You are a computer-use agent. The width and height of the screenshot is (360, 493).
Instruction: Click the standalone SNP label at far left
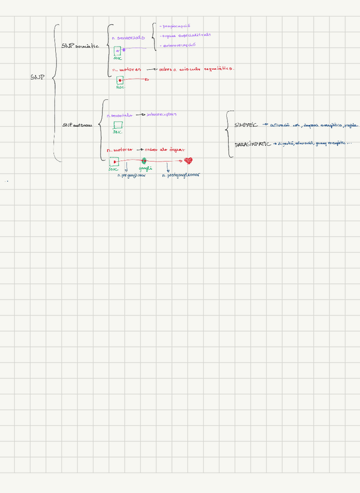coord(38,77)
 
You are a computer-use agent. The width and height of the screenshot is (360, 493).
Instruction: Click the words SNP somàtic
coord(80,46)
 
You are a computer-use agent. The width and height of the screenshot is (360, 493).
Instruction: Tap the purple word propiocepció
coord(179,26)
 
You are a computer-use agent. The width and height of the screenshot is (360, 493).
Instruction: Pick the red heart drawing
coord(188,161)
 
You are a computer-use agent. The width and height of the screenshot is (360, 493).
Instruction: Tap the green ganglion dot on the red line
coord(144,161)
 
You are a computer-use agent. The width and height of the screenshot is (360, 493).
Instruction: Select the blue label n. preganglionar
coord(131,175)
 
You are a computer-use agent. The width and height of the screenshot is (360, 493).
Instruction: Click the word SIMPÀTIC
coord(245,125)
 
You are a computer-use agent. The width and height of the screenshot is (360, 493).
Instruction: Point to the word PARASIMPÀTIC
coord(252,144)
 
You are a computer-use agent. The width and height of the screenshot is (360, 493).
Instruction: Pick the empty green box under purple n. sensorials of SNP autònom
coord(118,125)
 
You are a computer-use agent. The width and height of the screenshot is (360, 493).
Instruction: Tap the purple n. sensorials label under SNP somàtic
coord(128,37)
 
